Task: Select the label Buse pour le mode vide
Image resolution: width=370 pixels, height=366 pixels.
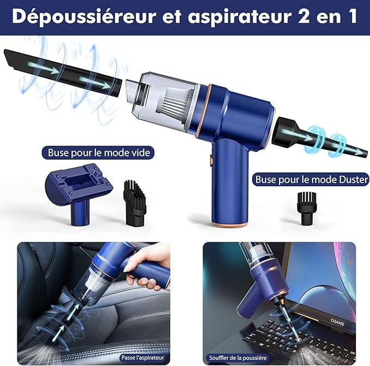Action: [x=99, y=153]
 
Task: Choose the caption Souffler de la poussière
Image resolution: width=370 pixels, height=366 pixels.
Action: [x=236, y=358]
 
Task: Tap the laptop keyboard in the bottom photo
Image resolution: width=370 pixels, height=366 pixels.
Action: [x=305, y=335]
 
